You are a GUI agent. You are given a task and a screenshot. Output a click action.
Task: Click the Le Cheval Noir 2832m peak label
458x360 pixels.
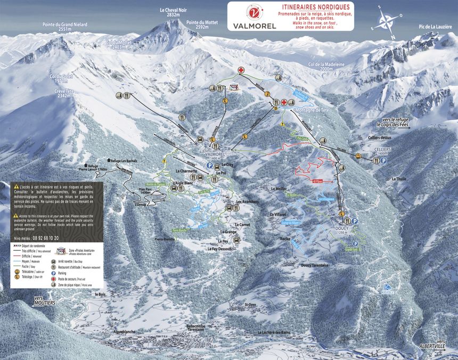pos(173,13)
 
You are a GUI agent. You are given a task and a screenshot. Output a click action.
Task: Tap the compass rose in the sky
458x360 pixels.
pos(387,22)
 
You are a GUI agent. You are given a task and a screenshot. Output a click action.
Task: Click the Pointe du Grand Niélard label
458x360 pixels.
pos(65,27)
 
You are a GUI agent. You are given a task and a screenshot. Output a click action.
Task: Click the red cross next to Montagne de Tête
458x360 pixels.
pos(284,102)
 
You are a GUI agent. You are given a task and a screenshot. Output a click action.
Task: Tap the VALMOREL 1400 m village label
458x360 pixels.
pos(214,156)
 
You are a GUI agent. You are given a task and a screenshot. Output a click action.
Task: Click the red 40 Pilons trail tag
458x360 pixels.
pos(318,181)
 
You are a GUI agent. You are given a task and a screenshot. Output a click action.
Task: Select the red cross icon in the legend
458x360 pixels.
pos(53,278)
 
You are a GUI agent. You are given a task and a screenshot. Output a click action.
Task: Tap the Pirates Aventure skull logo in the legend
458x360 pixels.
pos(60,251)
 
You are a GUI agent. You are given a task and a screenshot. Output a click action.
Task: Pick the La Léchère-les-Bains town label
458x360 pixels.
pos(269,332)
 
